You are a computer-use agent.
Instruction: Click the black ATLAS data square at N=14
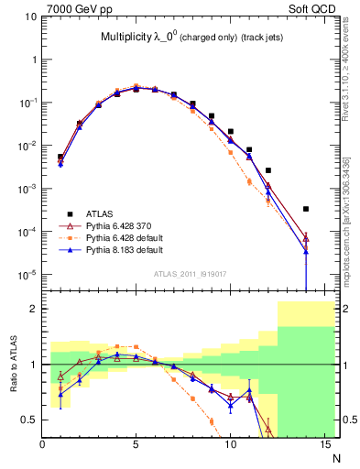306,209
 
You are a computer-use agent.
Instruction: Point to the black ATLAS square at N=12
268,170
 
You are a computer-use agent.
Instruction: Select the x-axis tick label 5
136,445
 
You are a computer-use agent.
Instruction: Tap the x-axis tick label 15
323,445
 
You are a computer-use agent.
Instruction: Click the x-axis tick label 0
42,445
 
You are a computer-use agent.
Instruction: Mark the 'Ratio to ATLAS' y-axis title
12,365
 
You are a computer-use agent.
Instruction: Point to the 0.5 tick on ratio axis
29,420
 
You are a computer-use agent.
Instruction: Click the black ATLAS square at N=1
60,157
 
